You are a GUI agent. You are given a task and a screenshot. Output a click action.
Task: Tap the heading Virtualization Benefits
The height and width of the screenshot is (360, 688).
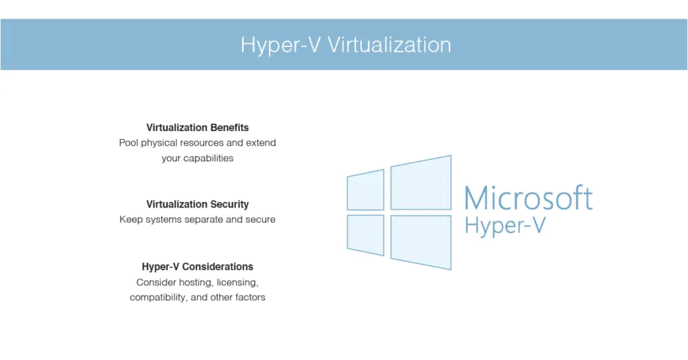[x=198, y=127]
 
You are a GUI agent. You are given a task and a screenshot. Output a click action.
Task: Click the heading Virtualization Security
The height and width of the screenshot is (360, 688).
[x=198, y=204]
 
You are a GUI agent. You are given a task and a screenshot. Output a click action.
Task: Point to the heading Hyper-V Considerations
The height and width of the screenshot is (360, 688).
[x=198, y=267]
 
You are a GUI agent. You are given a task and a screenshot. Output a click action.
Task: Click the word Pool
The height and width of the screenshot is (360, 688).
[x=128, y=142]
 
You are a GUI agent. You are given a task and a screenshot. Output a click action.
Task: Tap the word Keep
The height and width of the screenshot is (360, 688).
[x=130, y=220]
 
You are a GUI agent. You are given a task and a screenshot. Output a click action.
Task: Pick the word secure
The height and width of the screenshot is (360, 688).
[x=259, y=220]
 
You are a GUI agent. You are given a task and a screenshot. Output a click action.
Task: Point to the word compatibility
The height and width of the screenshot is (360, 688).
[x=158, y=297]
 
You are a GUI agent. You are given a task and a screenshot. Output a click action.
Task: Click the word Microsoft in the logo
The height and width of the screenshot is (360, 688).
[x=528, y=199]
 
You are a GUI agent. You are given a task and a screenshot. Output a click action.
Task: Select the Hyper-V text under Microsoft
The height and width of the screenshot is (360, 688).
[x=504, y=226]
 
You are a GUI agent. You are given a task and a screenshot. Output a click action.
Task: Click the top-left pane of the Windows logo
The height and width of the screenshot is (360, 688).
[x=365, y=190]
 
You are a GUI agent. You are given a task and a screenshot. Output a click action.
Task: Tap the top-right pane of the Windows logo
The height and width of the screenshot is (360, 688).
[x=421, y=183]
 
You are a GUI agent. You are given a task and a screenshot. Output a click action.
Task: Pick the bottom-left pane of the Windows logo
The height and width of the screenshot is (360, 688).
[x=365, y=234]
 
